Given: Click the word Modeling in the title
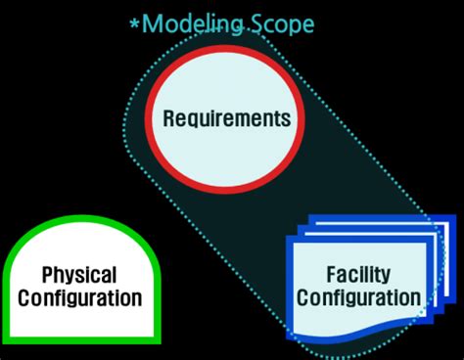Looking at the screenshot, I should [190, 24].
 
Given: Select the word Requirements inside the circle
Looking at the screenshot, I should [226, 119].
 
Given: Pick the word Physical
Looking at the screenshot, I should [79, 276].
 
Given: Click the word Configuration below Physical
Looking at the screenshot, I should [79, 298].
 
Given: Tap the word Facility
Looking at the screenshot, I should [360, 275].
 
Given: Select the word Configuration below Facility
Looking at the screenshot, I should [360, 297].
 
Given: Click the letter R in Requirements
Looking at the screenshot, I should [168, 119].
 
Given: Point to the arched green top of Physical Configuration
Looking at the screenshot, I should [79, 222].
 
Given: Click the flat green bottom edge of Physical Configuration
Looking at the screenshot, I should [79, 338].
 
